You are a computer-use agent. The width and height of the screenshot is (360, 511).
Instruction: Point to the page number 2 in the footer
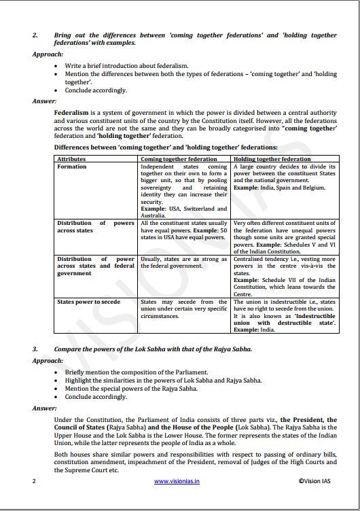coord(34,481)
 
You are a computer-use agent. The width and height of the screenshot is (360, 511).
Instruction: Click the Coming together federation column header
coord(175,158)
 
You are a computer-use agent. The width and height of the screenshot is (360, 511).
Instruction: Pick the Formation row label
coord(72,166)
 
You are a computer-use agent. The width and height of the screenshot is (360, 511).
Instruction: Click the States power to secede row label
coord(88,302)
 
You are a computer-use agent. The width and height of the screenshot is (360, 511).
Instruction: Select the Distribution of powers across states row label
coord(95,227)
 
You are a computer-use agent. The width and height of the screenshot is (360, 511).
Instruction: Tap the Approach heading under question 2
coord(48,53)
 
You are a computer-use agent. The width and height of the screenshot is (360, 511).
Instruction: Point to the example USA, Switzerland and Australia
coord(183,212)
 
